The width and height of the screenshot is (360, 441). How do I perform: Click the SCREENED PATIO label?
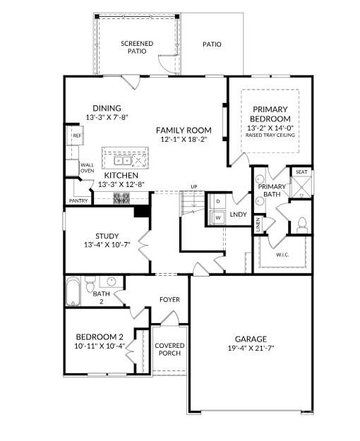[137, 47]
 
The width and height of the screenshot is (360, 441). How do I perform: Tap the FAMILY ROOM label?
[184, 130]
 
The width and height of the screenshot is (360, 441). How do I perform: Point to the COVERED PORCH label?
[169, 349]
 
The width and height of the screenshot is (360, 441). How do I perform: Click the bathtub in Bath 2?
[73, 291]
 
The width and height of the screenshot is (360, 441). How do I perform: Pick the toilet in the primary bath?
[302, 225]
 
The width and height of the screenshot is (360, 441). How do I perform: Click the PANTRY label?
[78, 201]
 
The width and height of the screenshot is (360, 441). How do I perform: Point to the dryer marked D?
[218, 201]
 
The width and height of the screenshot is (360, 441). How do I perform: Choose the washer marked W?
[218, 217]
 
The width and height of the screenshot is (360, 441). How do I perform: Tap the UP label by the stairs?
[193, 186]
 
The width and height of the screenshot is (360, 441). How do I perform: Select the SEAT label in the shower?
[301, 171]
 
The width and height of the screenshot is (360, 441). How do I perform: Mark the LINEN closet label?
[258, 224]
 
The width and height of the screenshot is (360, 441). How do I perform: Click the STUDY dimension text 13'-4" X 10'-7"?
[107, 246]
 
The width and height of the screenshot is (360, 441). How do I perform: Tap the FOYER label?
[169, 300]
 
